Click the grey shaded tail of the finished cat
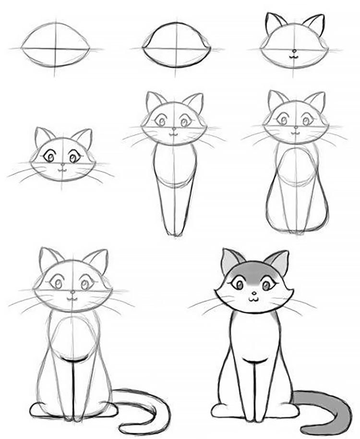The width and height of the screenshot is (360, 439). click(x=331, y=408)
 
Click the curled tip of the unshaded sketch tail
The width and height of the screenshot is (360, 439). click(x=126, y=427)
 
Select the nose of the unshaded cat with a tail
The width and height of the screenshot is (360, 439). click(x=72, y=292)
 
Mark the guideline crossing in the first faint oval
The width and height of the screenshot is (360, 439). click(x=56, y=49)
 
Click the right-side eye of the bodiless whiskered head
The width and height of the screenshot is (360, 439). click(x=74, y=156)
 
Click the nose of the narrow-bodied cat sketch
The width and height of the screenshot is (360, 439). click(x=174, y=128)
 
